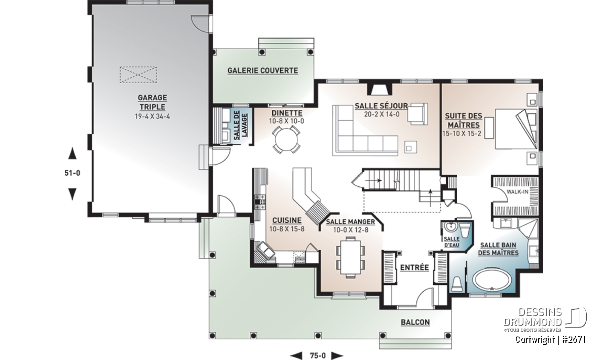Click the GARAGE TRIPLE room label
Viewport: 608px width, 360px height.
click(x=153, y=102)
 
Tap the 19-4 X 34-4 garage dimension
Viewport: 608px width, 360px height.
click(x=153, y=116)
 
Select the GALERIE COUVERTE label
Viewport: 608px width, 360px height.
click(x=263, y=71)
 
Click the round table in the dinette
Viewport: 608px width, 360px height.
click(x=286, y=140)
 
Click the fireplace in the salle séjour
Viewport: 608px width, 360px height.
click(x=379, y=89)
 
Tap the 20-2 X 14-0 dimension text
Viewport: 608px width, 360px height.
click(x=382, y=114)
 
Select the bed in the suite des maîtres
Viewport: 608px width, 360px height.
click(x=516, y=129)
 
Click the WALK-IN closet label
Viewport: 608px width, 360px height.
click(x=517, y=192)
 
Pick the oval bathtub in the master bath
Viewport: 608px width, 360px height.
click(x=492, y=280)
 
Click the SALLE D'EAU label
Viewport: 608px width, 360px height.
click(x=451, y=242)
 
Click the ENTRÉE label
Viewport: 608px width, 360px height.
click(x=414, y=268)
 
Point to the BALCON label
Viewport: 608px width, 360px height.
click(x=415, y=323)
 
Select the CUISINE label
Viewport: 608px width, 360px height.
click(x=287, y=220)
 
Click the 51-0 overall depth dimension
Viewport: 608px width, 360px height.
click(x=72, y=173)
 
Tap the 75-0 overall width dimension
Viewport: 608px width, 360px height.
click(x=318, y=355)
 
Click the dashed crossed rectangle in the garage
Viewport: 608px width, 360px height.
click(x=138, y=74)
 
